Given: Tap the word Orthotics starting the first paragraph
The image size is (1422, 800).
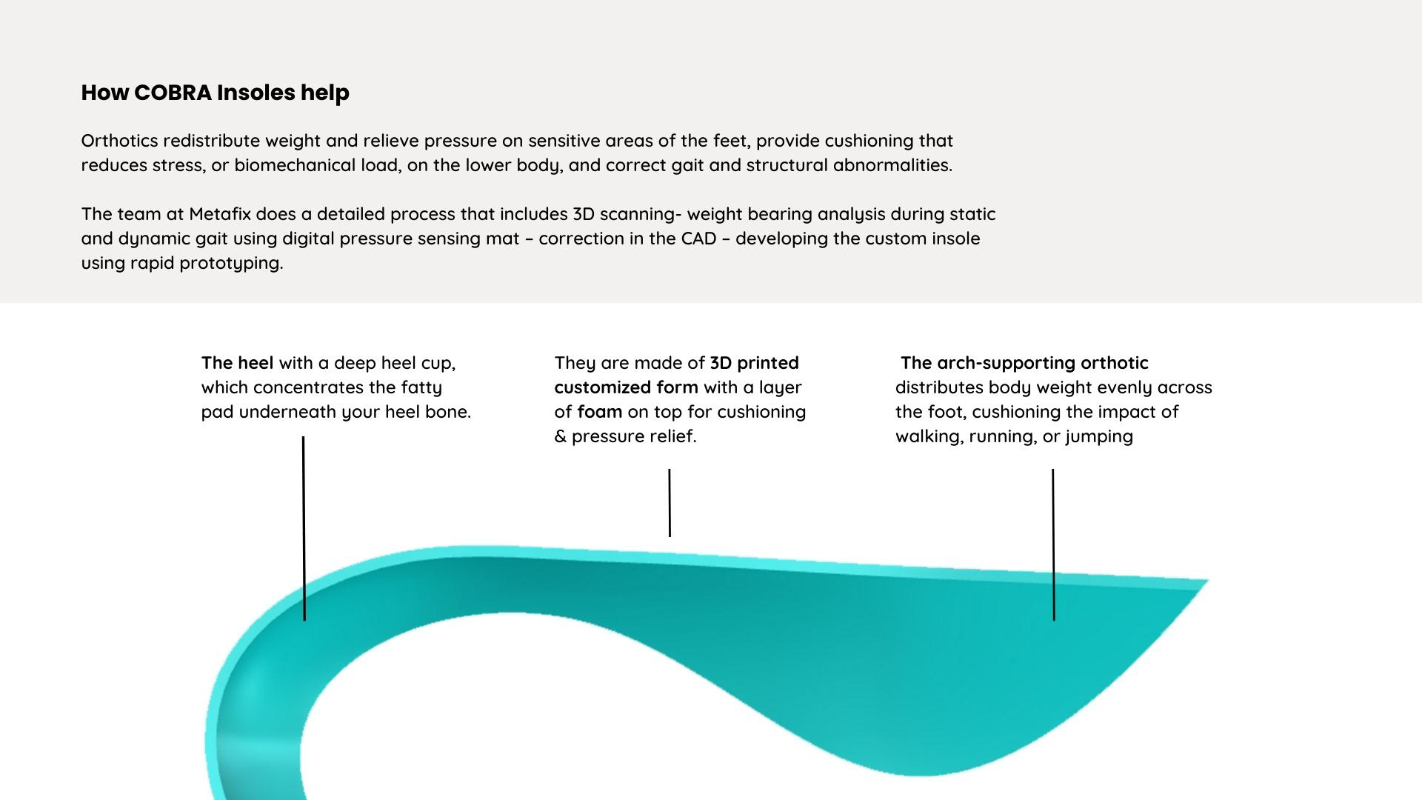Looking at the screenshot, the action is pyautogui.click(x=119, y=141).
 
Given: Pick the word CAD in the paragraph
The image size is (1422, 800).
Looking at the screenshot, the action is pyautogui.click(x=698, y=239).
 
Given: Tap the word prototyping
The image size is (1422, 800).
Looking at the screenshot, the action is pyautogui.click(x=231, y=263).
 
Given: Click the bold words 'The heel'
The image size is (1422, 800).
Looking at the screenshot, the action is pyautogui.click(x=237, y=363).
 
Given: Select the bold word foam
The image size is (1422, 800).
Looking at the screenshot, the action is pyautogui.click(x=599, y=412).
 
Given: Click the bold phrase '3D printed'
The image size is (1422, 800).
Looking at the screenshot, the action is pyautogui.click(x=754, y=363).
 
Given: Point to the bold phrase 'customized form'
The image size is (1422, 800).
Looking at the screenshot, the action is pyautogui.click(x=626, y=387).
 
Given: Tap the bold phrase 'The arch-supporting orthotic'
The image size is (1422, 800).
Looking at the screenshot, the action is pyautogui.click(x=1024, y=363).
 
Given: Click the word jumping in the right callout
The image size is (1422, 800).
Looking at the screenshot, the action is pyautogui.click(x=1099, y=436).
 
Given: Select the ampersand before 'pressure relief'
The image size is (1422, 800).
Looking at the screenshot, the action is pyautogui.click(x=561, y=436).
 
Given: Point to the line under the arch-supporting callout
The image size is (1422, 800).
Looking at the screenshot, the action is pyautogui.click(x=1053, y=544).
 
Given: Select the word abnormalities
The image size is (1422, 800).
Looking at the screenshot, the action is pyautogui.click(x=892, y=165).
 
